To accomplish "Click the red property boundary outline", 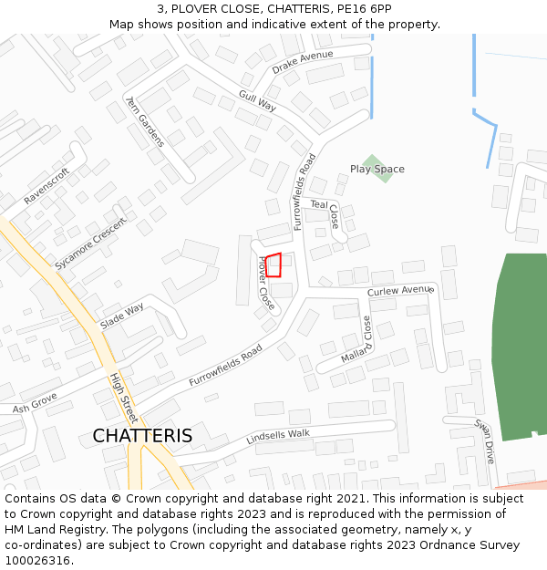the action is (x=273, y=265).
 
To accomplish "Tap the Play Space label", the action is (x=377, y=170).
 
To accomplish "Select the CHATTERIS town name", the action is (x=142, y=436).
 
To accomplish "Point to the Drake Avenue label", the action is (x=303, y=63).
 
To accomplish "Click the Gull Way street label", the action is (x=257, y=100).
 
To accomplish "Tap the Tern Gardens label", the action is (x=145, y=121).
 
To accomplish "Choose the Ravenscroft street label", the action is (x=46, y=186).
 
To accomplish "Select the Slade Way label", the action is (x=122, y=316).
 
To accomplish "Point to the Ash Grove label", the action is (x=35, y=401).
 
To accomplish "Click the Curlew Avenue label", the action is (x=400, y=290).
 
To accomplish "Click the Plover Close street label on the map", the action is (x=265, y=284).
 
